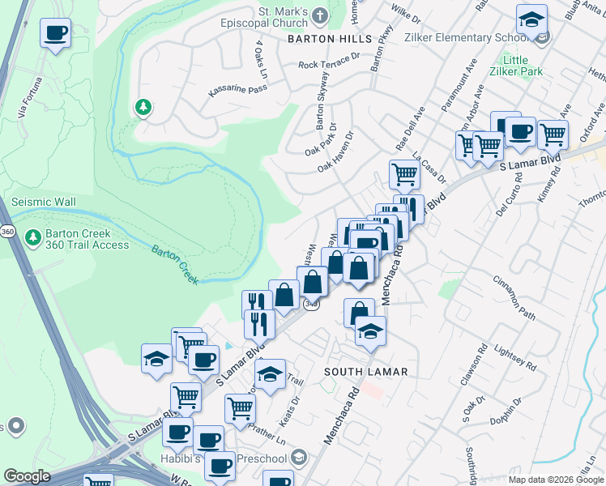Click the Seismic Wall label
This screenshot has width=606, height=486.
tap(43, 202)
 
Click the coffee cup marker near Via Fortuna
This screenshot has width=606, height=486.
tap(56, 34)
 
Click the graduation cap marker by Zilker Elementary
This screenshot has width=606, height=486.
tap(531, 19)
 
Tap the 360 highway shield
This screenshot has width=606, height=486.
tap(6, 232)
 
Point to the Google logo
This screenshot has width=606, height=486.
tap(27, 476)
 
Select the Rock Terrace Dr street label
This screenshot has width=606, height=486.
tap(328, 62)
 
